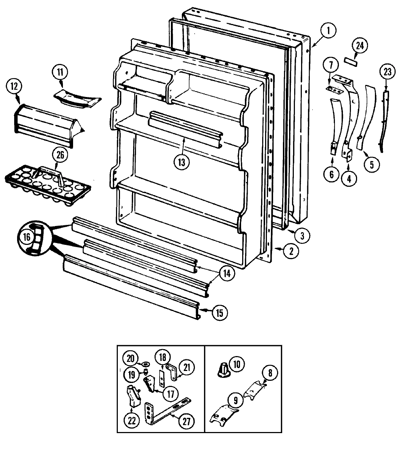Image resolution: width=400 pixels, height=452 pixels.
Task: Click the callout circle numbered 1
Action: click(328, 31)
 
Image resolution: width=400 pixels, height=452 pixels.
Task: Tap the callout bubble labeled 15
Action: click(219, 312)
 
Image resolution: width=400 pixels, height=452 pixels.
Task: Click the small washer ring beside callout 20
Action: click(147, 364)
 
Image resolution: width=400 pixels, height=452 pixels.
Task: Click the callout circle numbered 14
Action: click(227, 273)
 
